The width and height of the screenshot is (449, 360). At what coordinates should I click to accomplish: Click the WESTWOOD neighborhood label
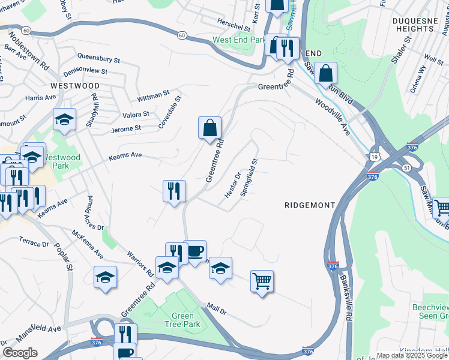pyautogui.click(x=75, y=86)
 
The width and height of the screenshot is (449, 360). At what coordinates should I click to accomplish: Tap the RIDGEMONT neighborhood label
pyautogui.click(x=309, y=205)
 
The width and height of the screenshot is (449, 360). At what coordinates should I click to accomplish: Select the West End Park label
pyautogui.click(x=239, y=40)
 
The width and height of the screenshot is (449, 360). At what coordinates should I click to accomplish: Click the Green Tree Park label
pyautogui.click(x=182, y=320)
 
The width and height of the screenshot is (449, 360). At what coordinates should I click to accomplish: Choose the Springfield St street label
pyautogui.click(x=249, y=178)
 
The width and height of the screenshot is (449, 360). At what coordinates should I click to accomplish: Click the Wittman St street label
pyautogui.click(x=153, y=95)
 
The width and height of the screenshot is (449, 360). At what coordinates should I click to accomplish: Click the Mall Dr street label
pyautogui.click(x=215, y=309)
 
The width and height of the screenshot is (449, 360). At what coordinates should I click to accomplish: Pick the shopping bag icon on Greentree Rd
pyautogui.click(x=209, y=128)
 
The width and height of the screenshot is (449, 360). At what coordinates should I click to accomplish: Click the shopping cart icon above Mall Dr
pyautogui.click(x=262, y=281)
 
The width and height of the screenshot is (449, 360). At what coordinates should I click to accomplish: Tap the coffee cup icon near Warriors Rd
pyautogui.click(x=194, y=251)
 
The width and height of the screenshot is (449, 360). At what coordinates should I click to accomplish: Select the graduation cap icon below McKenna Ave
pyautogui.click(x=105, y=277)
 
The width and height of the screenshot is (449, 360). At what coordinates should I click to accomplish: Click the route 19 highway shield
pyautogui.click(x=375, y=156)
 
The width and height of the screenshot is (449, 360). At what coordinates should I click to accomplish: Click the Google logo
pyautogui.click(x=20, y=353)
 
